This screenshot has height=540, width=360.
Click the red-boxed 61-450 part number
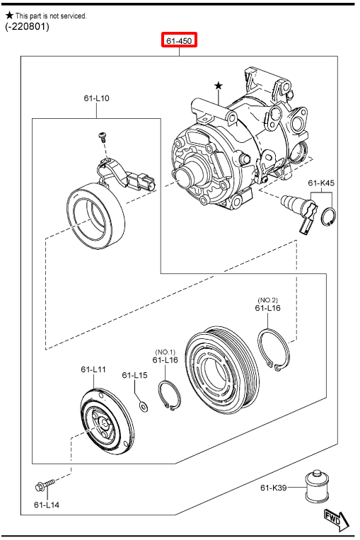[179, 40]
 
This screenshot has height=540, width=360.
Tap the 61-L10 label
[96, 98]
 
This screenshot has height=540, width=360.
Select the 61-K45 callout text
[321, 183]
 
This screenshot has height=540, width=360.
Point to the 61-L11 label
[93, 369]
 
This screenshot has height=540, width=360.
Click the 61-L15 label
[134, 375]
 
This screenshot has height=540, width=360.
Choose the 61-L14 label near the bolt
[47, 505]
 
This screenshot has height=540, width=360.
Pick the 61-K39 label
[274, 488]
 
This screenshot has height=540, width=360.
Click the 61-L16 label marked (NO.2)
[268, 308]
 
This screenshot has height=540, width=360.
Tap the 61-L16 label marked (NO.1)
[166, 360]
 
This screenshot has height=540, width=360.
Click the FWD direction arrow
[337, 519]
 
